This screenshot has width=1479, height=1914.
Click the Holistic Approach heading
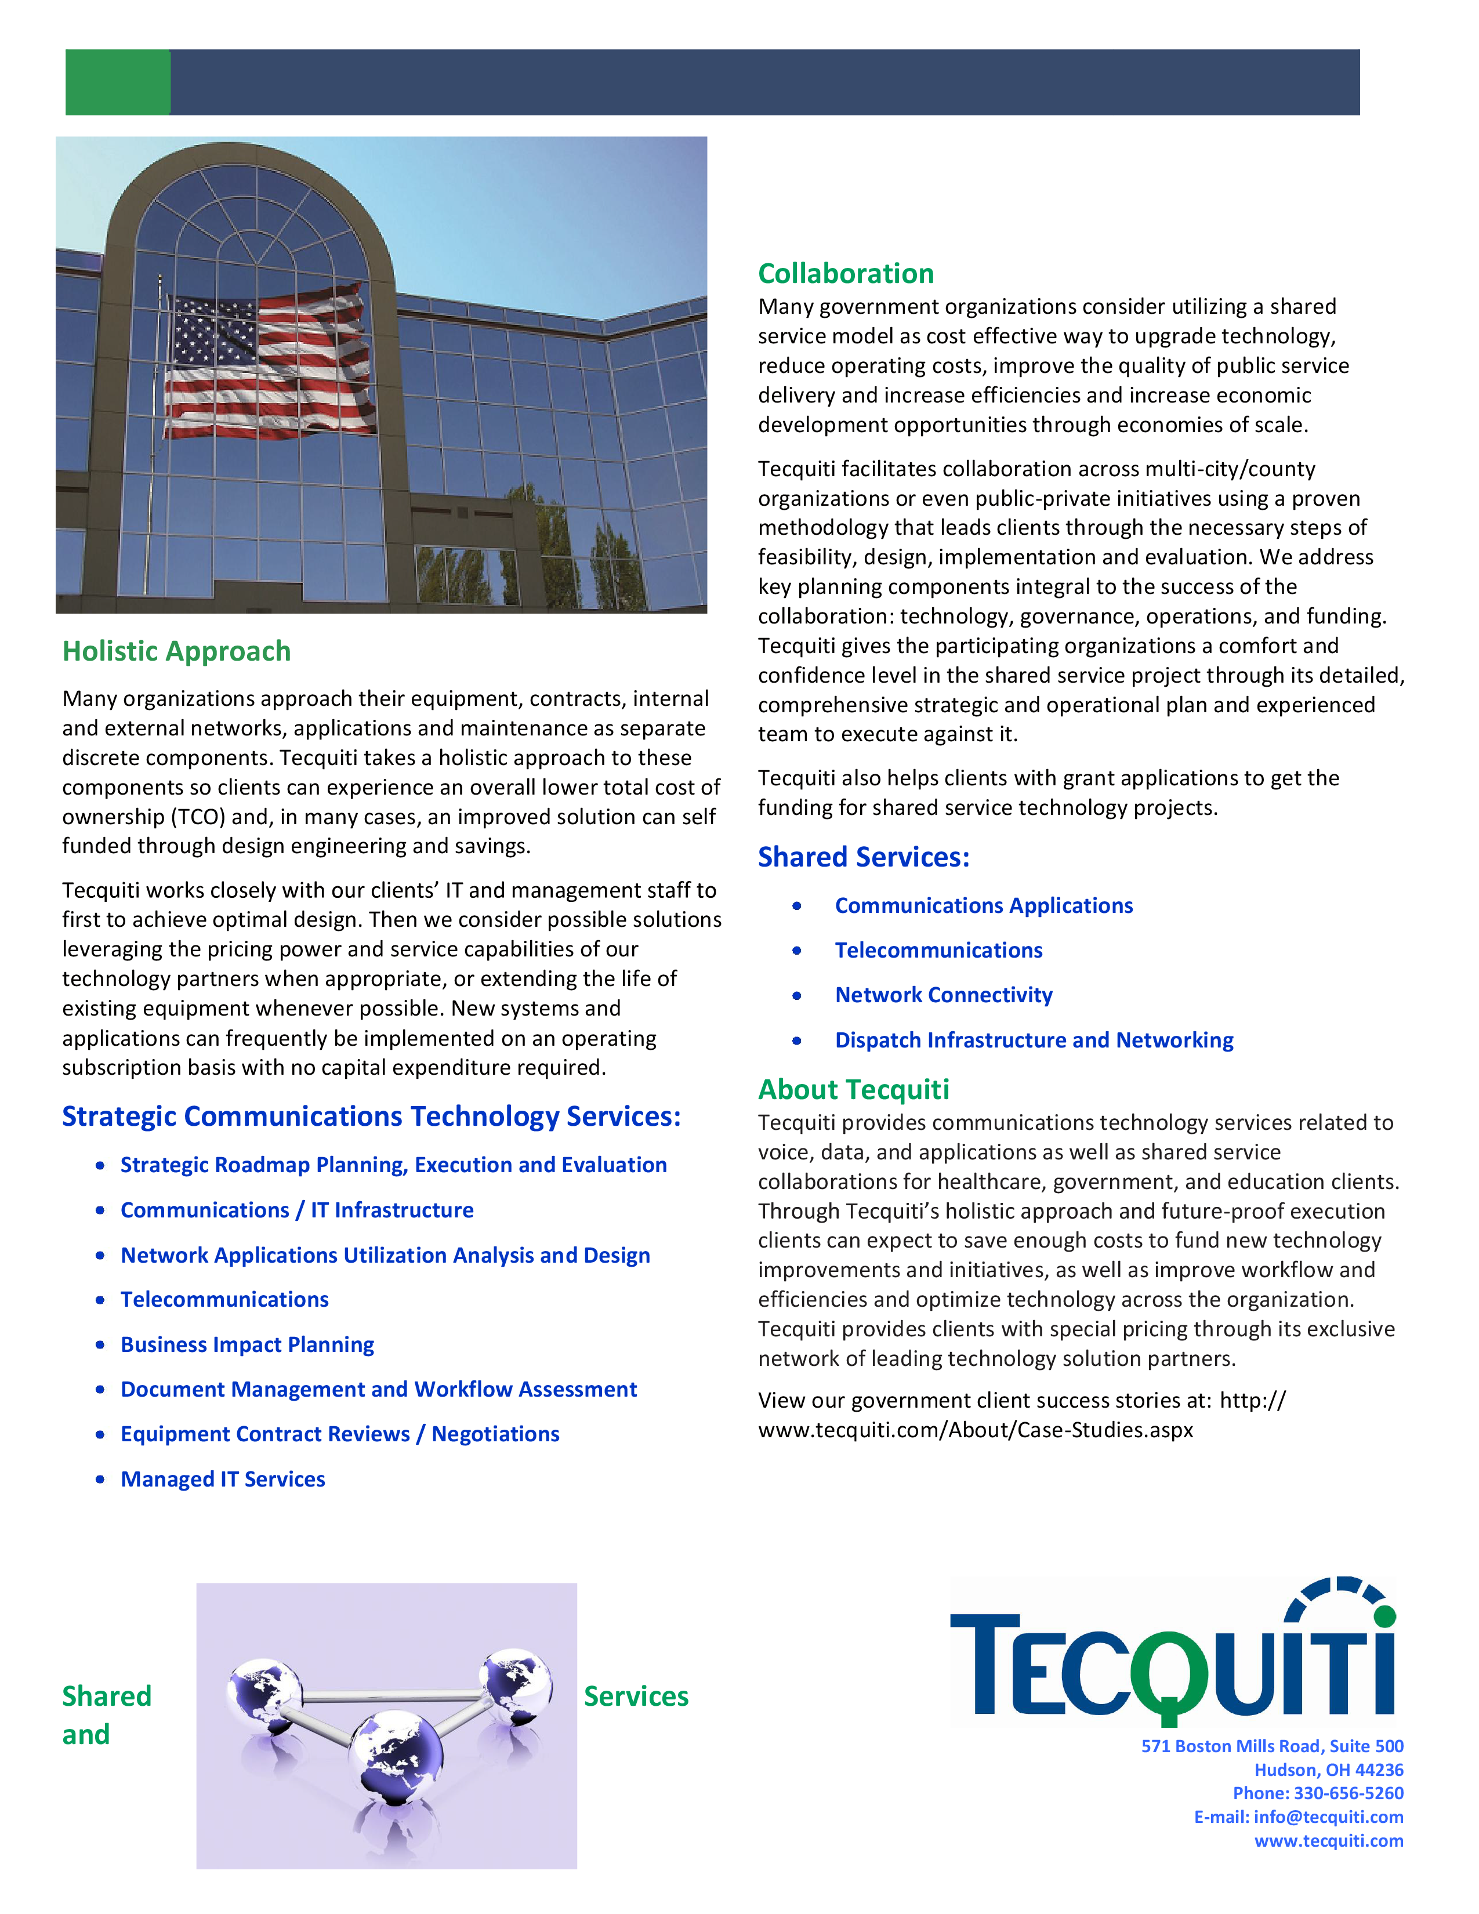176,651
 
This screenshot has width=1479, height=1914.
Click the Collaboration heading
846,273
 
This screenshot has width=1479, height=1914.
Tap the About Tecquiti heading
853,1089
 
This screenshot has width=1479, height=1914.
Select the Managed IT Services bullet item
223,1480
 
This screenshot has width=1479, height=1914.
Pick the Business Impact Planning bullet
247,1344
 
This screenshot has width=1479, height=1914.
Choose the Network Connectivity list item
944,995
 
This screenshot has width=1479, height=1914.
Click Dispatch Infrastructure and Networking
1034,1041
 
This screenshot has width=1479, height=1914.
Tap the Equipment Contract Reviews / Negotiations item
340,1434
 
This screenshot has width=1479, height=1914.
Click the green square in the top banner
117,82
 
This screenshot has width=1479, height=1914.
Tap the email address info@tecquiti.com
1328,1817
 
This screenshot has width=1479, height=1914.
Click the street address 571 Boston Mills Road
1271,1746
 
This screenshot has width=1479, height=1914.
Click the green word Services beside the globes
636,1696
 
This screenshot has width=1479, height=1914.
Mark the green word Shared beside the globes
107,1696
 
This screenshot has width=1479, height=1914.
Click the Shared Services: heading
864,857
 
